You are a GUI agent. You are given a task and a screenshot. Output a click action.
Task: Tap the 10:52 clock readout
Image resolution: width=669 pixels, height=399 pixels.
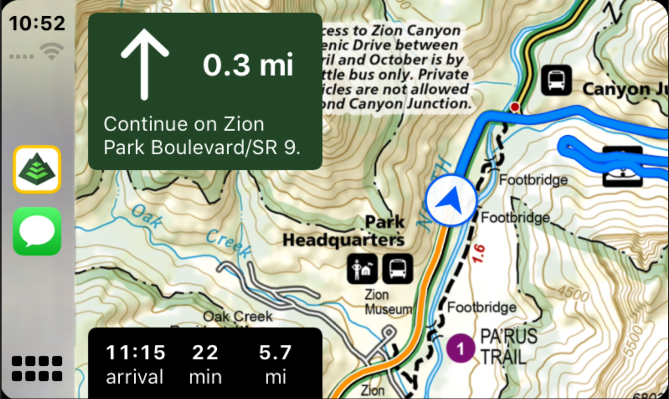tap(37, 23)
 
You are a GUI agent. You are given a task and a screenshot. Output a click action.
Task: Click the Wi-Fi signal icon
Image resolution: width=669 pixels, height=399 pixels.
tap(52, 52)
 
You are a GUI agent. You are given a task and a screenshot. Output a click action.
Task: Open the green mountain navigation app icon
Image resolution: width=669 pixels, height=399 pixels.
tap(37, 169)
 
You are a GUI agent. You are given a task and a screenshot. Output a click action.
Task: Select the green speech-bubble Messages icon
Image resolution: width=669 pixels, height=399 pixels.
tap(37, 231)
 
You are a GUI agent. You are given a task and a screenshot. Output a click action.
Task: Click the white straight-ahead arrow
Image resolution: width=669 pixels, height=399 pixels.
tap(145, 64)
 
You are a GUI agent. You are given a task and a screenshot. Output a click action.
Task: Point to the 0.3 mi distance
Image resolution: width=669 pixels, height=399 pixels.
tap(248, 65)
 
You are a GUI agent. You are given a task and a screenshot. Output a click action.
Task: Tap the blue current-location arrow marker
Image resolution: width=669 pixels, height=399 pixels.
tap(451, 200)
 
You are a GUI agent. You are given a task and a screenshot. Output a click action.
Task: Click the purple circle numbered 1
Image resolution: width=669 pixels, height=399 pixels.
tap(460, 349)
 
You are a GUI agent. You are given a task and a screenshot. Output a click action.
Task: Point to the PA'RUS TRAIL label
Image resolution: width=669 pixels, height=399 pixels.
tap(508, 347)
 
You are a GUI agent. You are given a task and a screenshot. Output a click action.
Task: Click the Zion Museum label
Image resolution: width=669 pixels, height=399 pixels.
tap(388, 302)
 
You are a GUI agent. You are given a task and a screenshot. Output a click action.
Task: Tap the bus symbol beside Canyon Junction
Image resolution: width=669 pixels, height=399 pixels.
tap(556, 81)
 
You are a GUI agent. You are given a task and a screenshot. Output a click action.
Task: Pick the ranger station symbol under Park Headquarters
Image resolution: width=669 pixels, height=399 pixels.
tap(362, 269)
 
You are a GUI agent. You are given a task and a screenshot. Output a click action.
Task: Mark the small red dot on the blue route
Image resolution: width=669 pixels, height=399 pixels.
tap(514, 107)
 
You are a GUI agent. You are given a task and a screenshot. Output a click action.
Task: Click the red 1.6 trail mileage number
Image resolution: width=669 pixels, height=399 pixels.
tap(478, 254)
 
